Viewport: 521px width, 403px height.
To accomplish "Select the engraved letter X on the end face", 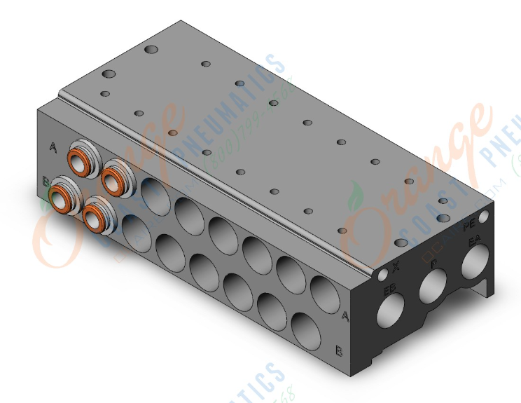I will (396, 266).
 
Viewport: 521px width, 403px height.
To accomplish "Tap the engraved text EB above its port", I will (389, 288).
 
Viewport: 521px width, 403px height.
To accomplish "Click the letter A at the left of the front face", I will (53, 146).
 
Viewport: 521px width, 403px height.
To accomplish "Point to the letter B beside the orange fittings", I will (46, 182).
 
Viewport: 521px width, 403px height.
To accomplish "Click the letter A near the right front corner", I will (345, 316).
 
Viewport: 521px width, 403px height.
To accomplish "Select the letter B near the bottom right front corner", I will (339, 350).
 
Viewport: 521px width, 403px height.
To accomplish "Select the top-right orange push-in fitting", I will (115, 179).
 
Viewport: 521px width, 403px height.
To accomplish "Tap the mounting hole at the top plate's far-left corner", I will (152, 50).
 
